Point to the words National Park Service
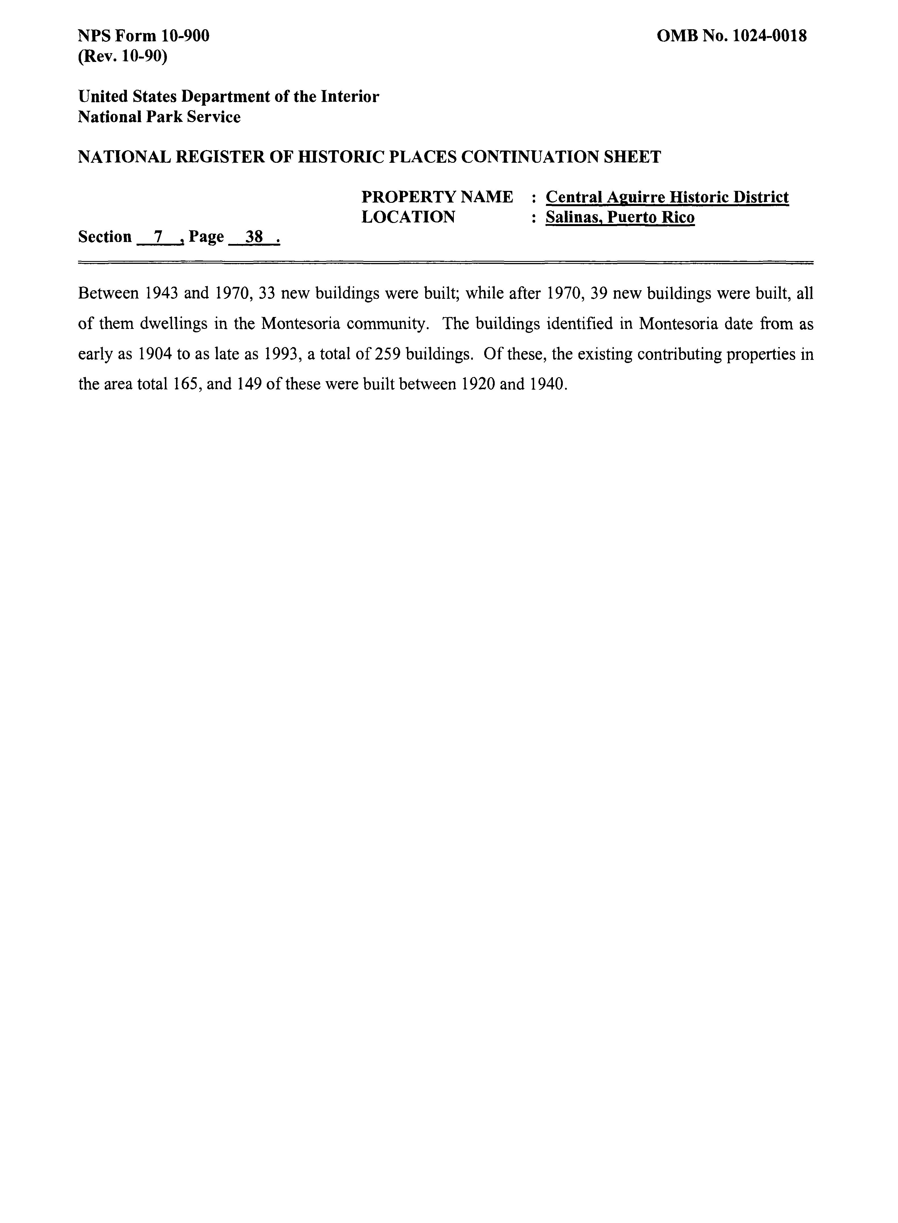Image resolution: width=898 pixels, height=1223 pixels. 159,117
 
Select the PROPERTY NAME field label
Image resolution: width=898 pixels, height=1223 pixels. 437,197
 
